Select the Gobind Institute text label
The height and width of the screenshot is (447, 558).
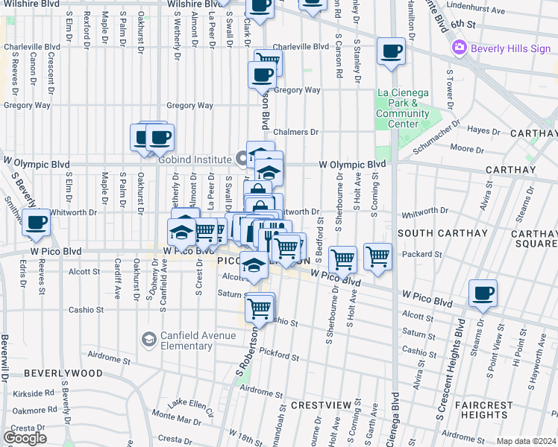(196, 159)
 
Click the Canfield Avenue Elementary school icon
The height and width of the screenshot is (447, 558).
(149, 340)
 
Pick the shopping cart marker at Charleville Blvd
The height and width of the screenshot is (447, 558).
(269, 62)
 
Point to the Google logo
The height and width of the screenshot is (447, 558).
(25, 438)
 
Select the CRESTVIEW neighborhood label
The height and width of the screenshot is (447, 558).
(321, 405)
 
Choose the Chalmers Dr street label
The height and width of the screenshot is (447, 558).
(296, 132)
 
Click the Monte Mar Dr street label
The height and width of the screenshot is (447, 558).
(172, 414)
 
